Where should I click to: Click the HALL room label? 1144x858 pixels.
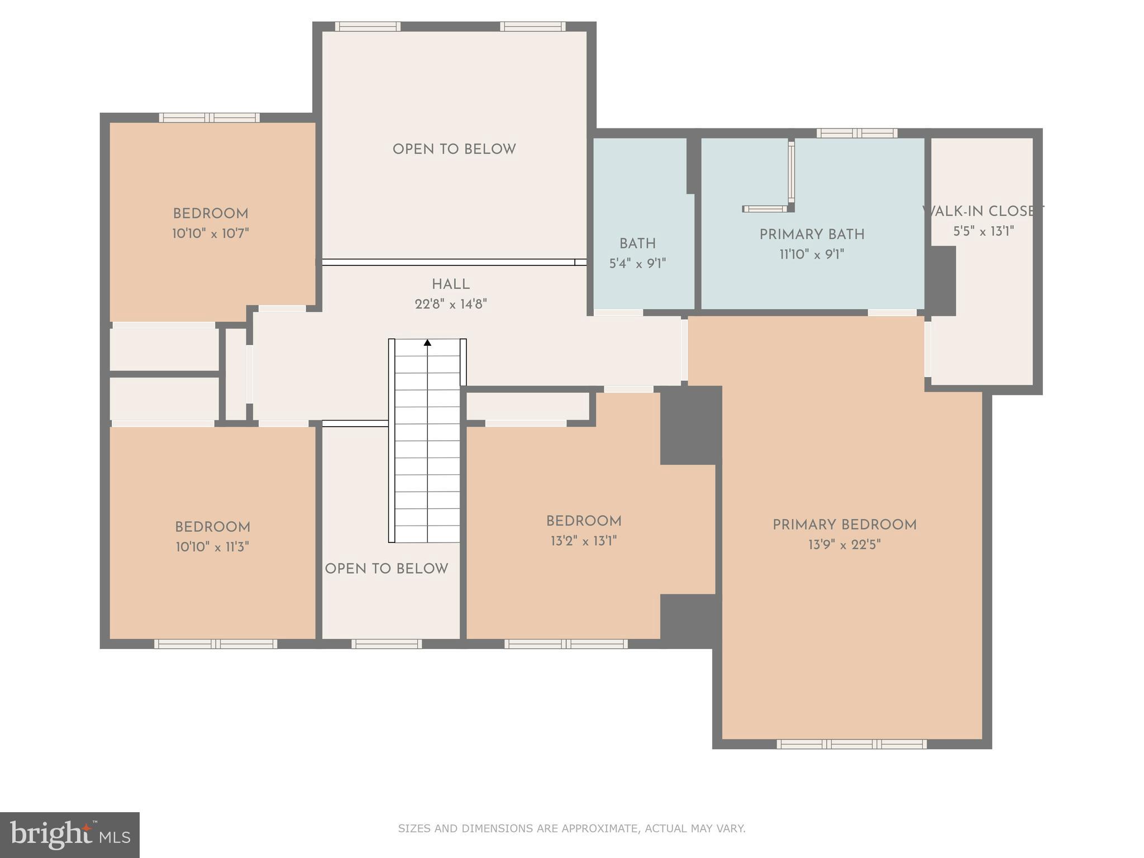[450, 284]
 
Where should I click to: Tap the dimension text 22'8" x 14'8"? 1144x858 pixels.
[450, 304]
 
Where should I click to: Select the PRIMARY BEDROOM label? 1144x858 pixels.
[844, 525]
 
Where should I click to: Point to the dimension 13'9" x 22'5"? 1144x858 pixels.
[844, 545]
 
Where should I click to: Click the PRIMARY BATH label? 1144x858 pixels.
[812, 235]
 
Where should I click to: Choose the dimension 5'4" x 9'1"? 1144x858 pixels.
[637, 264]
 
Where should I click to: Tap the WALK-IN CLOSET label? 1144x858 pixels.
[983, 211]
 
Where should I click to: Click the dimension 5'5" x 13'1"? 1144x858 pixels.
[983, 231]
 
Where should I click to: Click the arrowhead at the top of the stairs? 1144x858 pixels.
[427, 342]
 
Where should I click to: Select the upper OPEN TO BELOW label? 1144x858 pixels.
[454, 149]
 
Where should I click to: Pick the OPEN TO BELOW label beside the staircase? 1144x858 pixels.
[386, 569]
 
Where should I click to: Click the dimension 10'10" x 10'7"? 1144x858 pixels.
[210, 233]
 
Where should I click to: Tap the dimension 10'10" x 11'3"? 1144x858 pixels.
[212, 547]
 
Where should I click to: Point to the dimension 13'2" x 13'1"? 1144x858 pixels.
[583, 541]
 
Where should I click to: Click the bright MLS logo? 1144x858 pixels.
[69, 835]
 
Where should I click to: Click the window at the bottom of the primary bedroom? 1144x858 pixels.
[851, 744]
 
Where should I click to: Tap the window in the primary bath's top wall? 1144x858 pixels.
[856, 133]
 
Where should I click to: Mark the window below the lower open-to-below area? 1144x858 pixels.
[386, 644]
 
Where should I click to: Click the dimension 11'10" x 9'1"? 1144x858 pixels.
[811, 255]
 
